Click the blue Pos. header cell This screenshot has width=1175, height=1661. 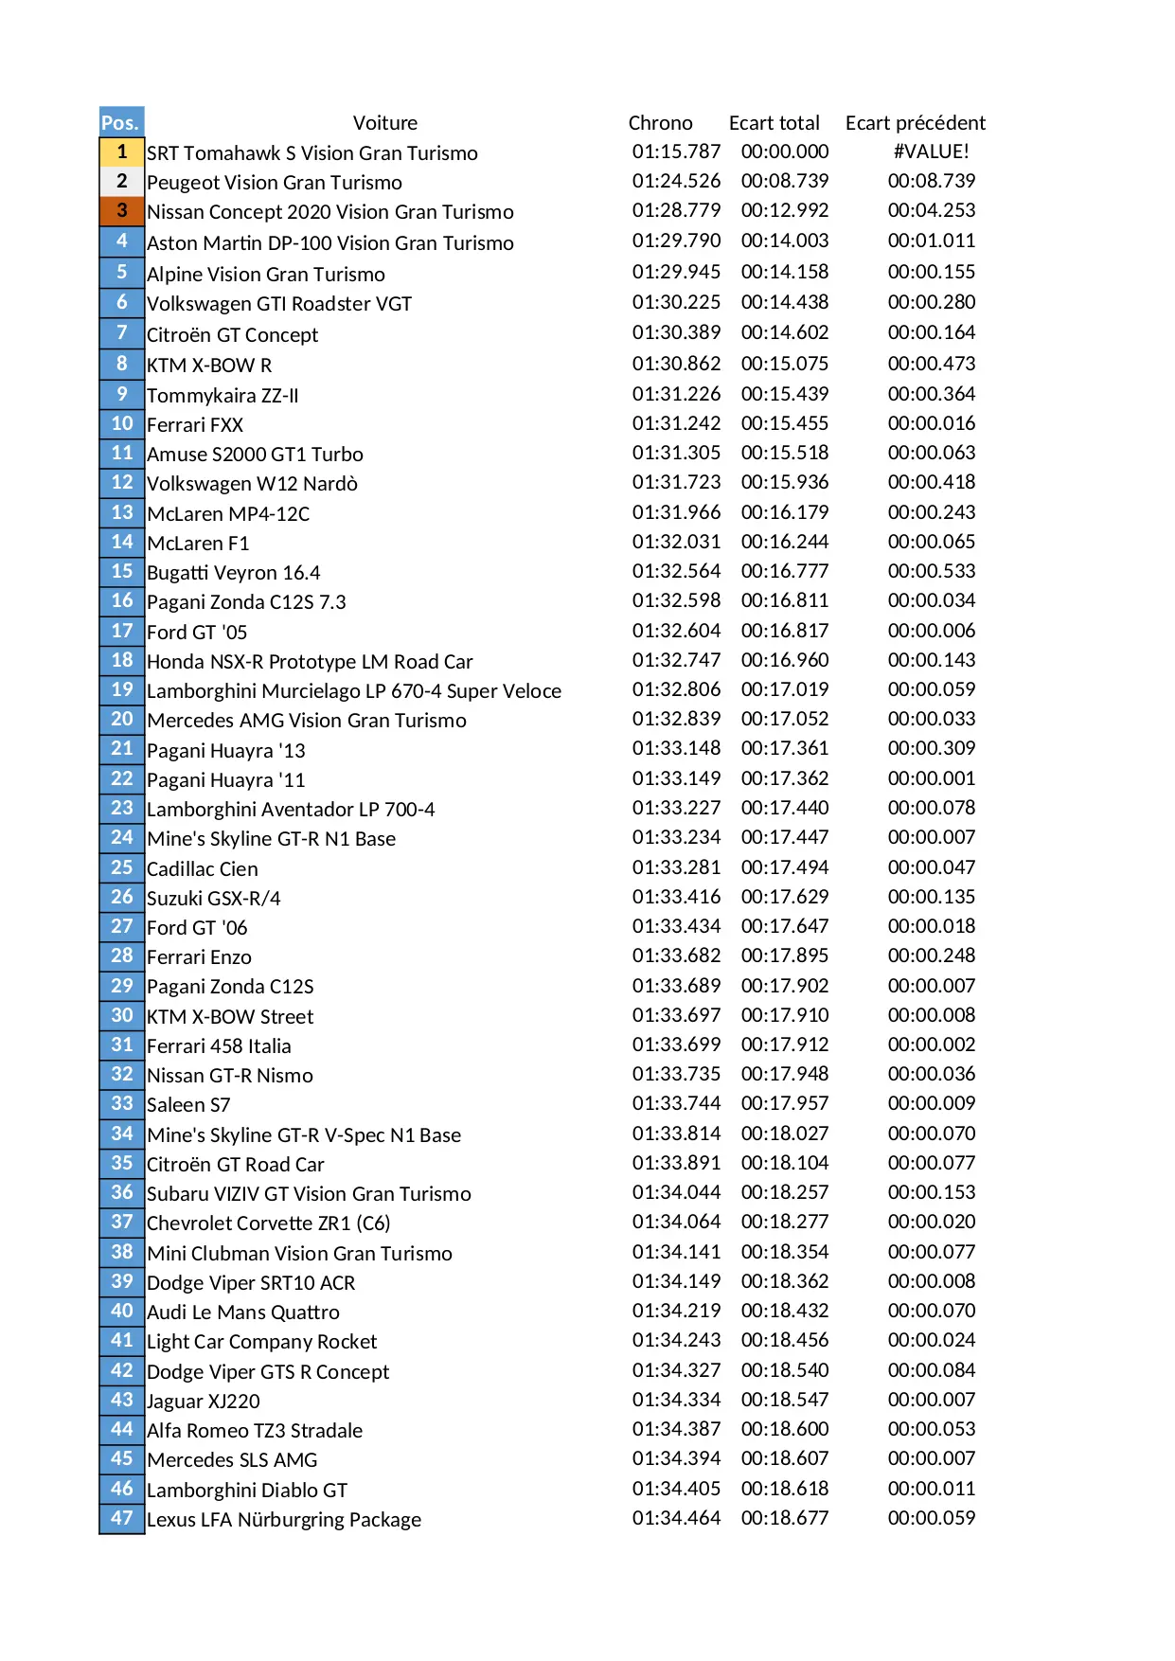121,122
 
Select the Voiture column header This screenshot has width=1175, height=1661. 384,123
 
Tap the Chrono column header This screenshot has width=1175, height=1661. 660,123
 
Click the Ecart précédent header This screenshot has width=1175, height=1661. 915,123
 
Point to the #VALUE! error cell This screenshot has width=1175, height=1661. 931,152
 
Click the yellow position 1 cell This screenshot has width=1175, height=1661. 121,152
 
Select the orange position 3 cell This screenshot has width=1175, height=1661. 121,210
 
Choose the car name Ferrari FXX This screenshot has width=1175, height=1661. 195,425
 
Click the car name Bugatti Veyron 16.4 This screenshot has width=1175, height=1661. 233,573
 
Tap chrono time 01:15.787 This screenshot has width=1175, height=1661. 676,152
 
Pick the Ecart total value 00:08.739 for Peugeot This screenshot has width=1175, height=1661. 784,181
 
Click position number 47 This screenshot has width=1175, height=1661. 121,1518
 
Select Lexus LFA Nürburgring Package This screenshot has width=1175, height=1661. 284,1520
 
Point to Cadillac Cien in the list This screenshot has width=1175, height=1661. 202,868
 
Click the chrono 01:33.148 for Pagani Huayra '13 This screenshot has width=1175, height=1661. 676,748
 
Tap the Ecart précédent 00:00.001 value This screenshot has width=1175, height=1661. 931,778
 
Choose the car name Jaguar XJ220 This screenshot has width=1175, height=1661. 203,1402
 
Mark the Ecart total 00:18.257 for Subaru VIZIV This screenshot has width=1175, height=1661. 784,1192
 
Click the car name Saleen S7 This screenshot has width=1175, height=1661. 188,1105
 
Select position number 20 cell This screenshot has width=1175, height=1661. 121,719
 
